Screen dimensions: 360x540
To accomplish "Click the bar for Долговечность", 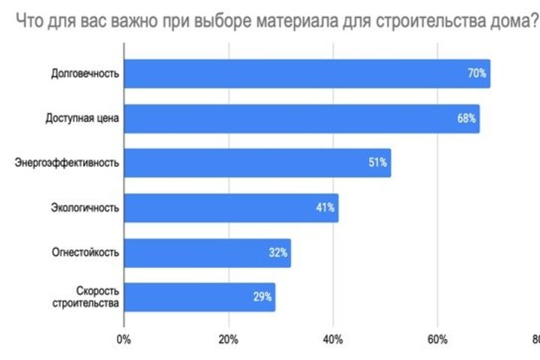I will pyautogui.click(x=300, y=73).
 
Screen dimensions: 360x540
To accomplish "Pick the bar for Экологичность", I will pyautogui.click(x=225, y=208).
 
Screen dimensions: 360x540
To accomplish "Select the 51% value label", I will pyautogui.click(x=377, y=163).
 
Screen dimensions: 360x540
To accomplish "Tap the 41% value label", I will pyautogui.click(x=325, y=208).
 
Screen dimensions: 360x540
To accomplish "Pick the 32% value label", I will pyautogui.click(x=277, y=253).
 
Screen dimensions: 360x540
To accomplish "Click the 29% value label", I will pyautogui.click(x=262, y=297).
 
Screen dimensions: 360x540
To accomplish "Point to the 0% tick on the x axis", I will pyautogui.click(x=124, y=340).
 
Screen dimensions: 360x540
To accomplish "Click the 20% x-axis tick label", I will pyautogui.click(x=228, y=340).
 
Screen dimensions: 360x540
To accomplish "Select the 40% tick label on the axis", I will pyautogui.click(x=333, y=340).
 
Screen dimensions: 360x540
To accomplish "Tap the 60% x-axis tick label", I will pyautogui.click(x=438, y=340).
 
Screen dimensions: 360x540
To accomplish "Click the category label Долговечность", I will pyautogui.click(x=85, y=73).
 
